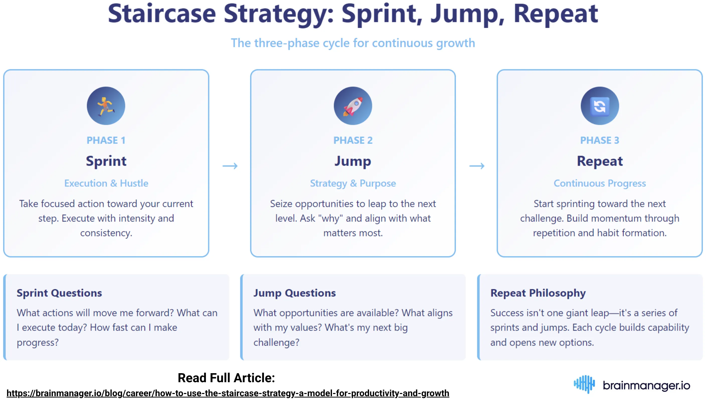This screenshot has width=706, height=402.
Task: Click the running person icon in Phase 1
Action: [x=106, y=106]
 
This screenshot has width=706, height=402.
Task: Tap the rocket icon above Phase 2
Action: [x=352, y=106]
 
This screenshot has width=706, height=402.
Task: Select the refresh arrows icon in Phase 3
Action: [x=599, y=106]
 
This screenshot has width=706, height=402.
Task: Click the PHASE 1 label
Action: [x=106, y=140]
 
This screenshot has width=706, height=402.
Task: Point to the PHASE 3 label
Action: [x=599, y=140]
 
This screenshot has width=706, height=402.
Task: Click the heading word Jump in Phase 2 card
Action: [x=352, y=161]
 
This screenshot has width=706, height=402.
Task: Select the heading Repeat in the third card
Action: [x=599, y=161]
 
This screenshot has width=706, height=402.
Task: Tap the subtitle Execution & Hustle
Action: [x=106, y=183]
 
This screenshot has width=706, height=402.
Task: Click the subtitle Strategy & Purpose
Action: [x=352, y=183]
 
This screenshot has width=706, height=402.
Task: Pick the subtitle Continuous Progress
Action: [x=599, y=183]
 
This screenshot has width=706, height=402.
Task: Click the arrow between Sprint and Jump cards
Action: [x=230, y=166]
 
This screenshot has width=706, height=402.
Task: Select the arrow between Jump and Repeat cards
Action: [x=477, y=166]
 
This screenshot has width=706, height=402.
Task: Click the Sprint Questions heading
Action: [x=59, y=293]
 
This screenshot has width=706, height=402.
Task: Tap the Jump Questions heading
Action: [x=294, y=293]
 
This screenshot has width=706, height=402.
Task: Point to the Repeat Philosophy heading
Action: [x=538, y=293]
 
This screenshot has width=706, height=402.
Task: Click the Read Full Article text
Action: [x=226, y=378]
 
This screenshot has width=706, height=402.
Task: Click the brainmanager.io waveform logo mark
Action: [x=584, y=384]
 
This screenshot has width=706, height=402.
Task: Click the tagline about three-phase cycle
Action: [x=352, y=43]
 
